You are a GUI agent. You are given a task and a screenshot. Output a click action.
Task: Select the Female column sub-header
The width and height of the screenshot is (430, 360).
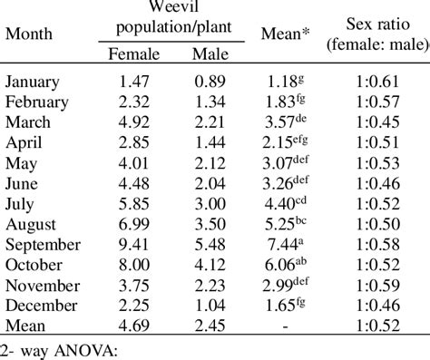coord(133,54)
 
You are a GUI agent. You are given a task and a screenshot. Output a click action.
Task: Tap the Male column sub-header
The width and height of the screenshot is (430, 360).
coord(210,54)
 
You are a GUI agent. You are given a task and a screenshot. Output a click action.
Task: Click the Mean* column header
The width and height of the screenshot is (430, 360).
coord(286,35)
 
